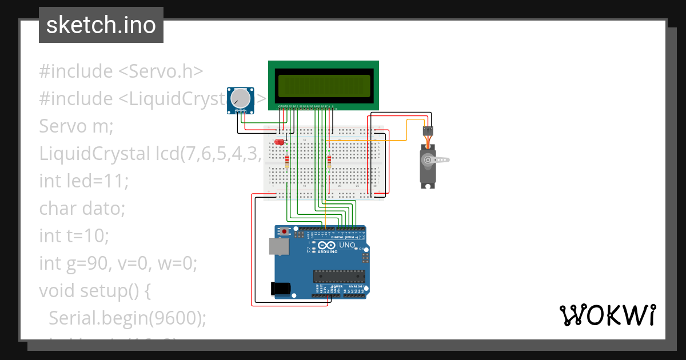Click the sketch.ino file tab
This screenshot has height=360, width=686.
[101, 25]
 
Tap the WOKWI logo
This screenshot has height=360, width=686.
[607, 315]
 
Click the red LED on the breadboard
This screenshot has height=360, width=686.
[280, 141]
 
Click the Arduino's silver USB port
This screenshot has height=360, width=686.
[279, 246]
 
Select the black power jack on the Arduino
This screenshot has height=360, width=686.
[280, 289]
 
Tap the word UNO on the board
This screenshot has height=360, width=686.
[348, 245]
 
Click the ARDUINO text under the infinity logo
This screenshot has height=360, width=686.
[328, 251]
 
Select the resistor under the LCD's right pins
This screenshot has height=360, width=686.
[329, 162]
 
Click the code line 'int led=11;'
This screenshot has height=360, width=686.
[84, 181]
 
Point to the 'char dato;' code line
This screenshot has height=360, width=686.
[82, 209]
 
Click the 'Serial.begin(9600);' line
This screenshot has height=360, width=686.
[127, 318]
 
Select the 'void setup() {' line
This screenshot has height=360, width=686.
[95, 291]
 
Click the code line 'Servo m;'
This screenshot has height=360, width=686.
[76, 126]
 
